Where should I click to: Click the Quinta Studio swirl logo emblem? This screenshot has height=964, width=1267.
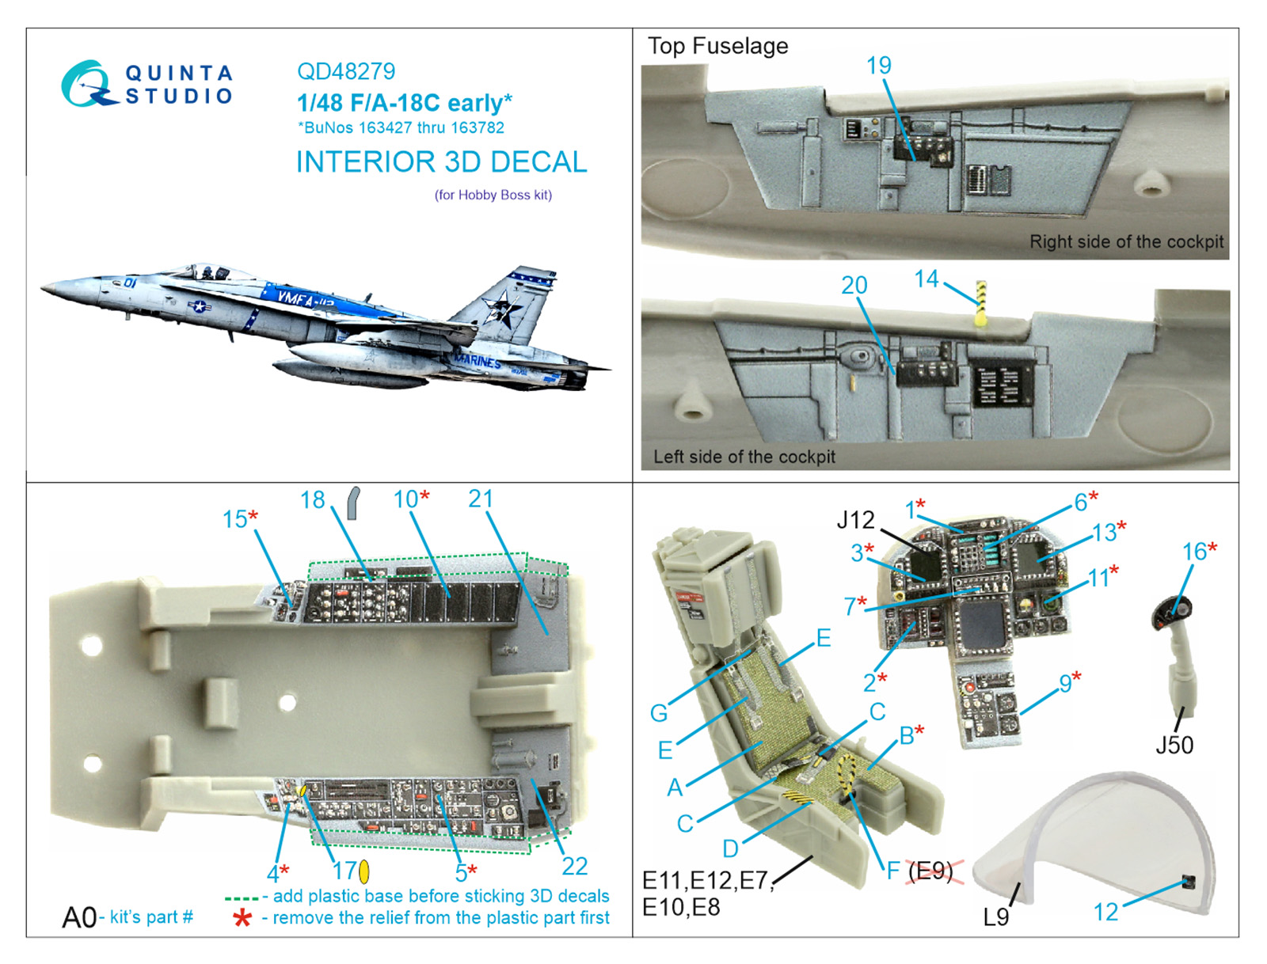[x=86, y=84]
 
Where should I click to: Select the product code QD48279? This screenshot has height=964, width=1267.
[x=346, y=71]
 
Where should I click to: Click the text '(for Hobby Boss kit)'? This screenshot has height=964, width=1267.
[x=493, y=195]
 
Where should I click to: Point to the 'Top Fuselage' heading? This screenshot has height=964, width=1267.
[x=717, y=46]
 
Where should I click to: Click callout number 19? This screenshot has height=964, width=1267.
[x=878, y=65]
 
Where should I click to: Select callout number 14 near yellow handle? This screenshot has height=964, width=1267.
[x=926, y=279]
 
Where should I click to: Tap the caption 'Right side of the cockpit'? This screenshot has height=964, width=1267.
[x=1126, y=241]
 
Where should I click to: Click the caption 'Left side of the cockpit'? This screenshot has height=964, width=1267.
[x=744, y=457]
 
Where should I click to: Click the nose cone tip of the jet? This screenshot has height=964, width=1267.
[x=42, y=287]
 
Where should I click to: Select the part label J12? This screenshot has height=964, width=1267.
[x=855, y=520]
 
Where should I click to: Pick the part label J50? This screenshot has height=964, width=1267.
[x=1174, y=745]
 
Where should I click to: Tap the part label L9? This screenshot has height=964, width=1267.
[x=995, y=917]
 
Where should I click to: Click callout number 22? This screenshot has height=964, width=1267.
[x=575, y=866]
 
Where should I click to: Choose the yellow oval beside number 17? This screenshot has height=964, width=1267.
[x=363, y=871]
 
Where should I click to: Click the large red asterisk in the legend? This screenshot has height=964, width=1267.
[x=242, y=918]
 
